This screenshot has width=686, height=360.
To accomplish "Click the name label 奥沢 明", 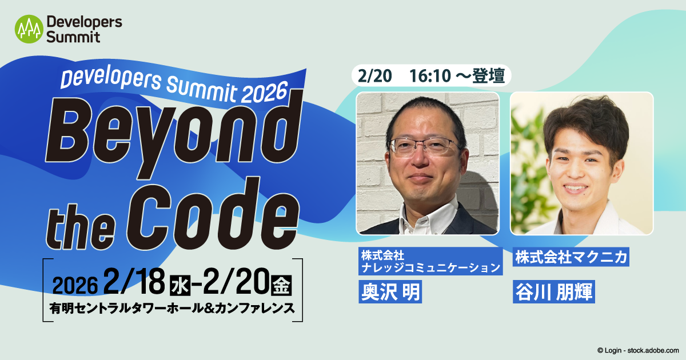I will click(x=389, y=291).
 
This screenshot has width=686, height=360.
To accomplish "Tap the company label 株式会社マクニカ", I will click(x=570, y=257).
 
